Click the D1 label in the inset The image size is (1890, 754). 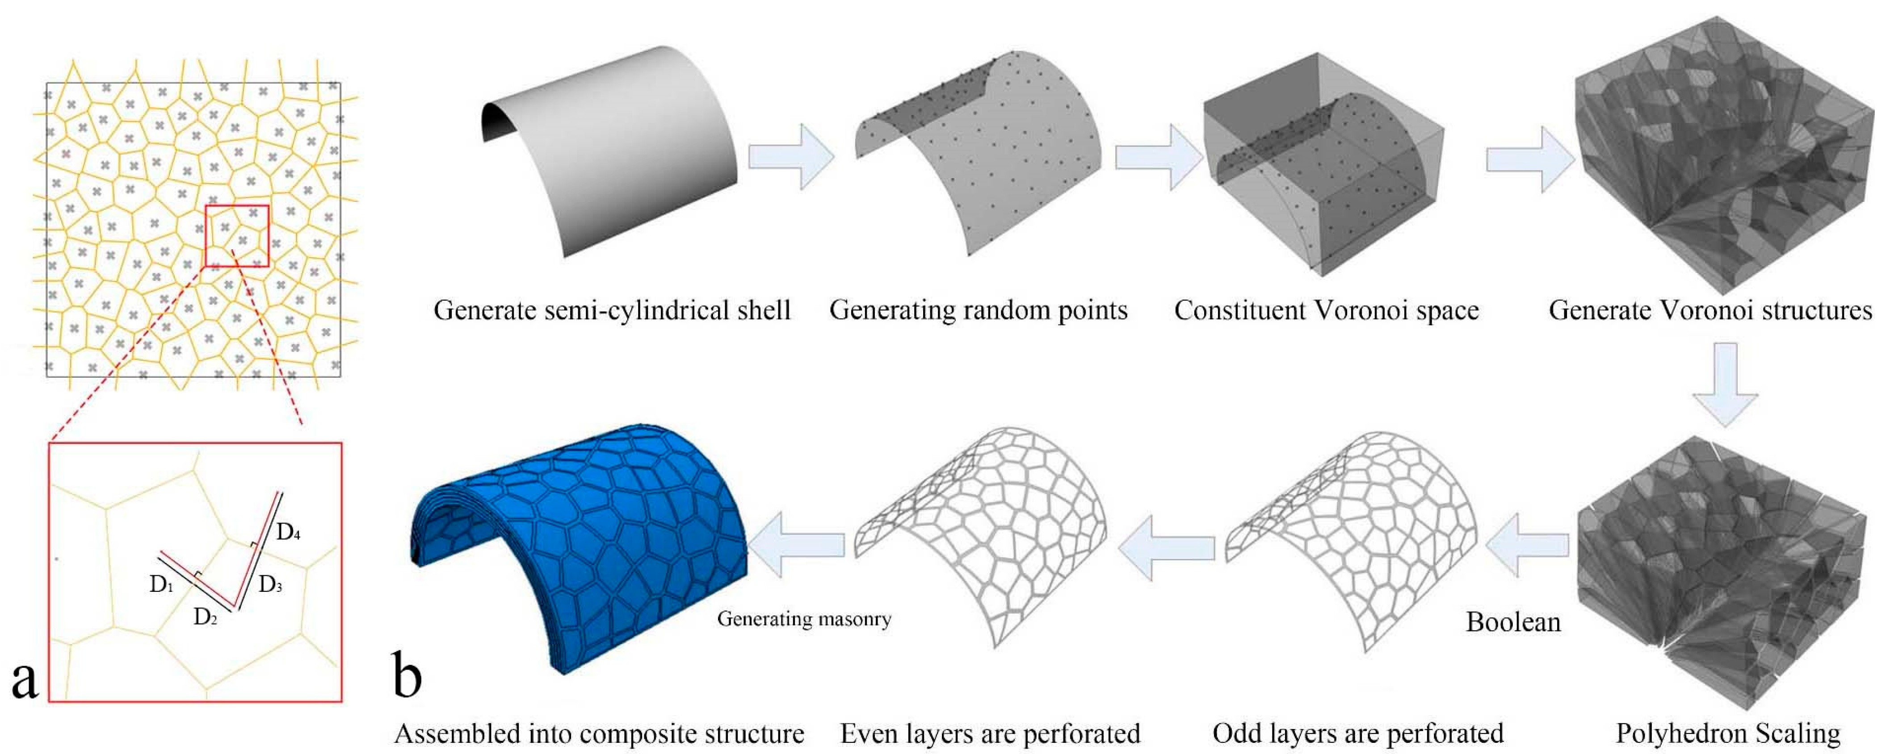(x=161, y=585)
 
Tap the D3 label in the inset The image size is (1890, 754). (x=270, y=585)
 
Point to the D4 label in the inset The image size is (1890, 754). (x=288, y=532)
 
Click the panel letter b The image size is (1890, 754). (x=407, y=675)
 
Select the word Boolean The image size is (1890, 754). (x=1513, y=622)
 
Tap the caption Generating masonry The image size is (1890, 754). (x=804, y=619)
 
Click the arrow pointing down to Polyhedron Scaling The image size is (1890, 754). (x=1725, y=383)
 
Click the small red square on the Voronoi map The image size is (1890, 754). (x=237, y=235)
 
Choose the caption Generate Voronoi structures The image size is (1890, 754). (x=1710, y=310)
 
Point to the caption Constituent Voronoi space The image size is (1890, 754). (x=1326, y=310)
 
